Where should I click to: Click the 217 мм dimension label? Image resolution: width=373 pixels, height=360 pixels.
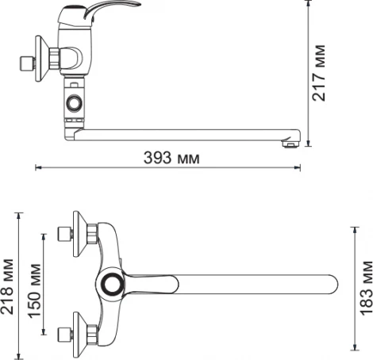tap(320, 74)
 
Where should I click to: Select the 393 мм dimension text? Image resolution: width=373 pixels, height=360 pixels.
tap(171, 158)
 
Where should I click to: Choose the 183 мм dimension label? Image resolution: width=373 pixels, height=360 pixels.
tap(364, 286)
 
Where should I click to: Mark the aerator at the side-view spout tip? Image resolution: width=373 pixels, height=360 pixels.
tap(290, 144)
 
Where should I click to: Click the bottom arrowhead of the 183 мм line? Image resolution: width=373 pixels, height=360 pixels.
tap(355, 347)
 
